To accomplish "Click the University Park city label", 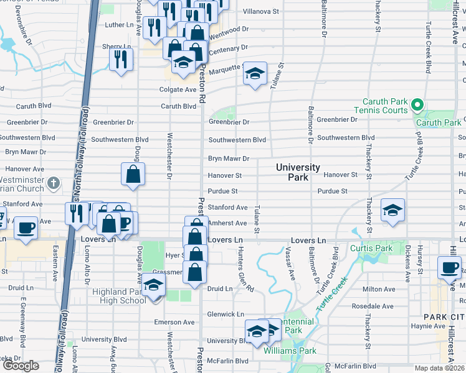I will tap(298, 172).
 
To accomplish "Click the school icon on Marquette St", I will tap(254, 73).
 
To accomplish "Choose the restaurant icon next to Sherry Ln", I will tap(121, 58).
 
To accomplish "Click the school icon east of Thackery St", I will tap(392, 210).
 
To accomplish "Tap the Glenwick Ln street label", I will tap(226, 315).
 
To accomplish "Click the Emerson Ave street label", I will tap(176, 322).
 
